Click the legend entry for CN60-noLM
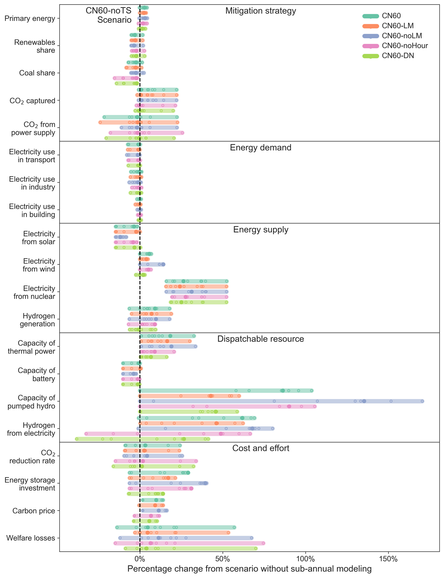[402, 36]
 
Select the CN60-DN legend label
[398, 56]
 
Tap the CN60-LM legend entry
[398, 26]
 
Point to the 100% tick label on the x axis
[306, 559]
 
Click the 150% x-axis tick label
[388, 559]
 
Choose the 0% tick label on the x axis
[140, 559]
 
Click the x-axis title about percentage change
[249, 569]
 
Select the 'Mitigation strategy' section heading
[261, 11]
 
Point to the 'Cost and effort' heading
[261, 448]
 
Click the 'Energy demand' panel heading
[261, 147]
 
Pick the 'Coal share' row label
[37, 73]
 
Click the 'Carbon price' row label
[34, 511]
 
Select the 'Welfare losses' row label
[31, 538]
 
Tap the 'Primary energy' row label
[30, 18]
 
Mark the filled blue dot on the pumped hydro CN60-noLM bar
[364, 401]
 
